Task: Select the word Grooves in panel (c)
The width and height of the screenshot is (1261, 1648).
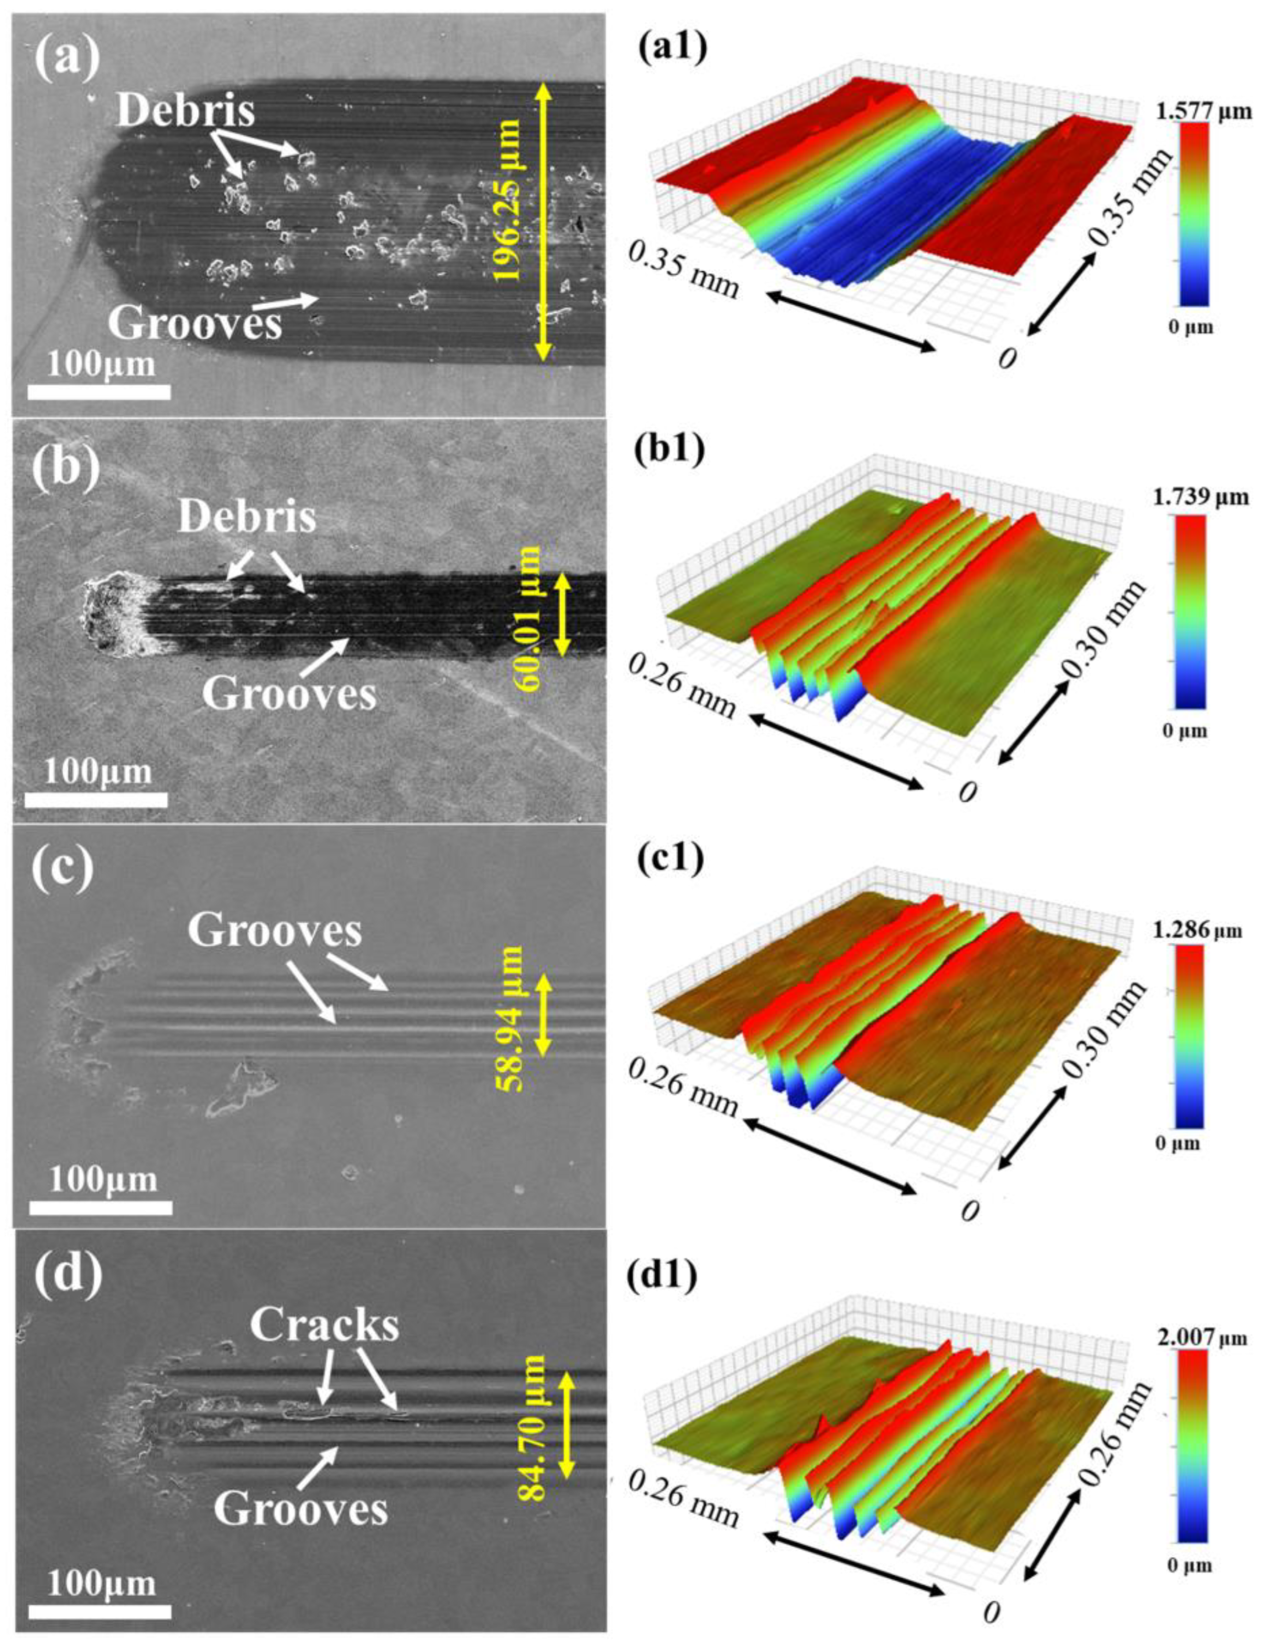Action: point(275,931)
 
